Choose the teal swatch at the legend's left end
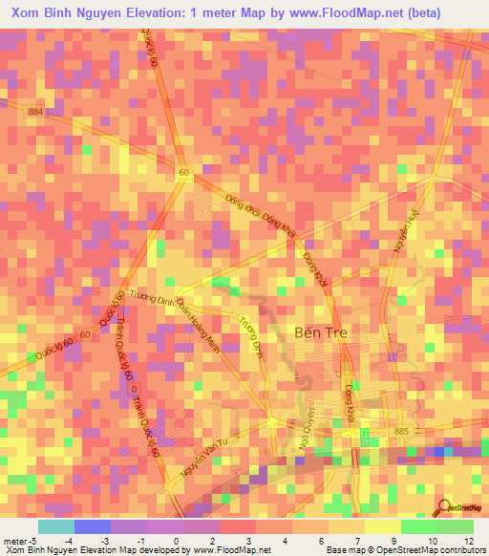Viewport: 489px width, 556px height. [55, 526]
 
